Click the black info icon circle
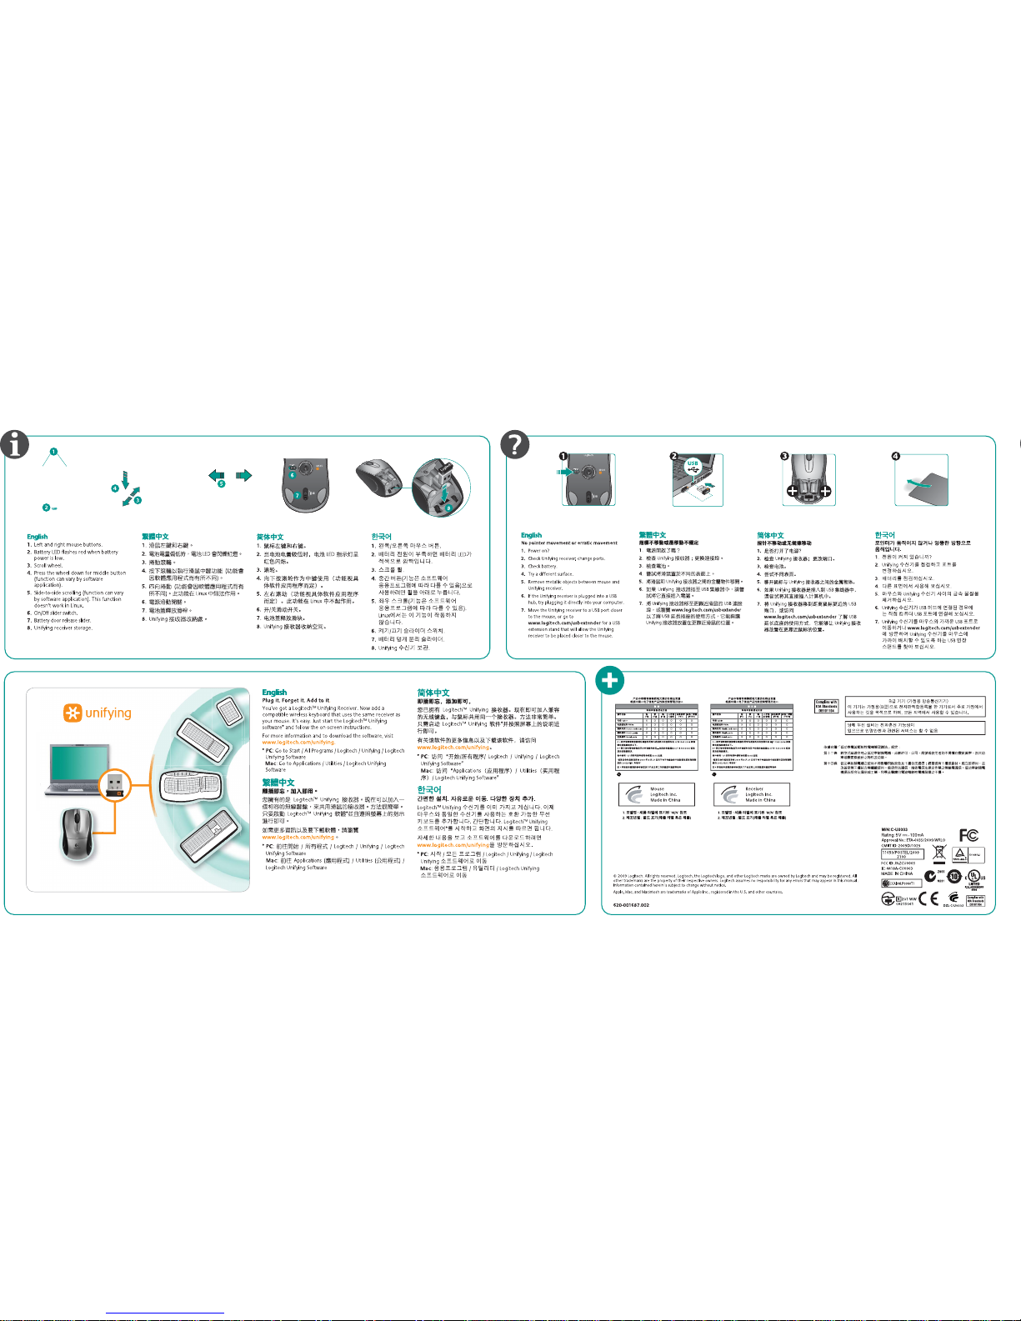click(15, 445)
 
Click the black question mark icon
click(514, 445)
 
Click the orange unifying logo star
click(73, 713)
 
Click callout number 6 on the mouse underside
click(293, 475)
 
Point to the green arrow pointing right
click(243, 475)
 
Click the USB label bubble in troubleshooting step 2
click(693, 463)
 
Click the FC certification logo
click(968, 835)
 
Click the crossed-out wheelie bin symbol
click(939, 853)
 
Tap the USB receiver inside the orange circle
click(115, 783)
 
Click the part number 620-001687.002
click(631, 904)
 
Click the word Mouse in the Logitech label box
click(657, 788)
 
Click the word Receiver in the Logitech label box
click(754, 788)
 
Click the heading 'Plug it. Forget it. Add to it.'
click(296, 700)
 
